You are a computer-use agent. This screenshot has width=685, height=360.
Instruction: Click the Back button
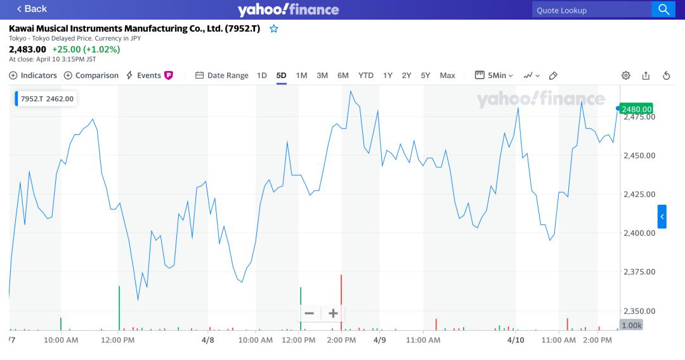click(32, 9)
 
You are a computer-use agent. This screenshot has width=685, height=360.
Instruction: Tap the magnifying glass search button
click(663, 10)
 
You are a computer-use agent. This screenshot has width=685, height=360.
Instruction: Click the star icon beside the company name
click(274, 29)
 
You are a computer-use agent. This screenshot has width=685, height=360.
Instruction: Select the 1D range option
click(262, 75)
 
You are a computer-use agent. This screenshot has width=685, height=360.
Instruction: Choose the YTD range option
click(366, 75)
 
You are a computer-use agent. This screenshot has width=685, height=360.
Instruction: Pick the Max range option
click(447, 75)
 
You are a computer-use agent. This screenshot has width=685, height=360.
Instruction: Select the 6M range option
click(343, 75)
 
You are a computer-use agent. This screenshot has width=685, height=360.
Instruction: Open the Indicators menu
click(33, 75)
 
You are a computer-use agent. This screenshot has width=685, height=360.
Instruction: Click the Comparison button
click(91, 75)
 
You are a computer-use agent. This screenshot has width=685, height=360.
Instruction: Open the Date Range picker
click(222, 75)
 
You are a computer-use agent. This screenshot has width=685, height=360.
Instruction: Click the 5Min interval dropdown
click(495, 75)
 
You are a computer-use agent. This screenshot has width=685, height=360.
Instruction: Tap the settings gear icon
click(626, 75)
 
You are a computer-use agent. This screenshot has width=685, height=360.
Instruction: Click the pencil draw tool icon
click(553, 75)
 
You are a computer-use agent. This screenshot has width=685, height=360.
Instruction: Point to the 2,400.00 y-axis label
click(639, 233)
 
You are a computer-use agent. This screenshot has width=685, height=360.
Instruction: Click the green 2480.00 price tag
click(637, 109)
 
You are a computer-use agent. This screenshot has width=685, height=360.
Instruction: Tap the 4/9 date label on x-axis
click(380, 340)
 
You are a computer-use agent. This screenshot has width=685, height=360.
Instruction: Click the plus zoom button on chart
click(333, 313)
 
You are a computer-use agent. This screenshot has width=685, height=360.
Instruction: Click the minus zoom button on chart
click(310, 313)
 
